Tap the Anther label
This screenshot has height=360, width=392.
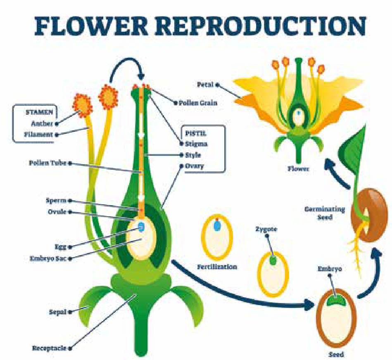pos(42,123)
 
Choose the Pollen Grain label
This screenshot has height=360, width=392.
pos(198,102)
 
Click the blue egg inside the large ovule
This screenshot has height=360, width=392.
pos(141,227)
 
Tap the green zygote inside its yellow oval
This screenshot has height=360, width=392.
pos(273,261)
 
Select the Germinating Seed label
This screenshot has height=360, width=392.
pos(324,213)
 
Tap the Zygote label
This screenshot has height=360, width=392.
pos(266,229)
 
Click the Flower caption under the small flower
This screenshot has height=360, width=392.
pos(298,169)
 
